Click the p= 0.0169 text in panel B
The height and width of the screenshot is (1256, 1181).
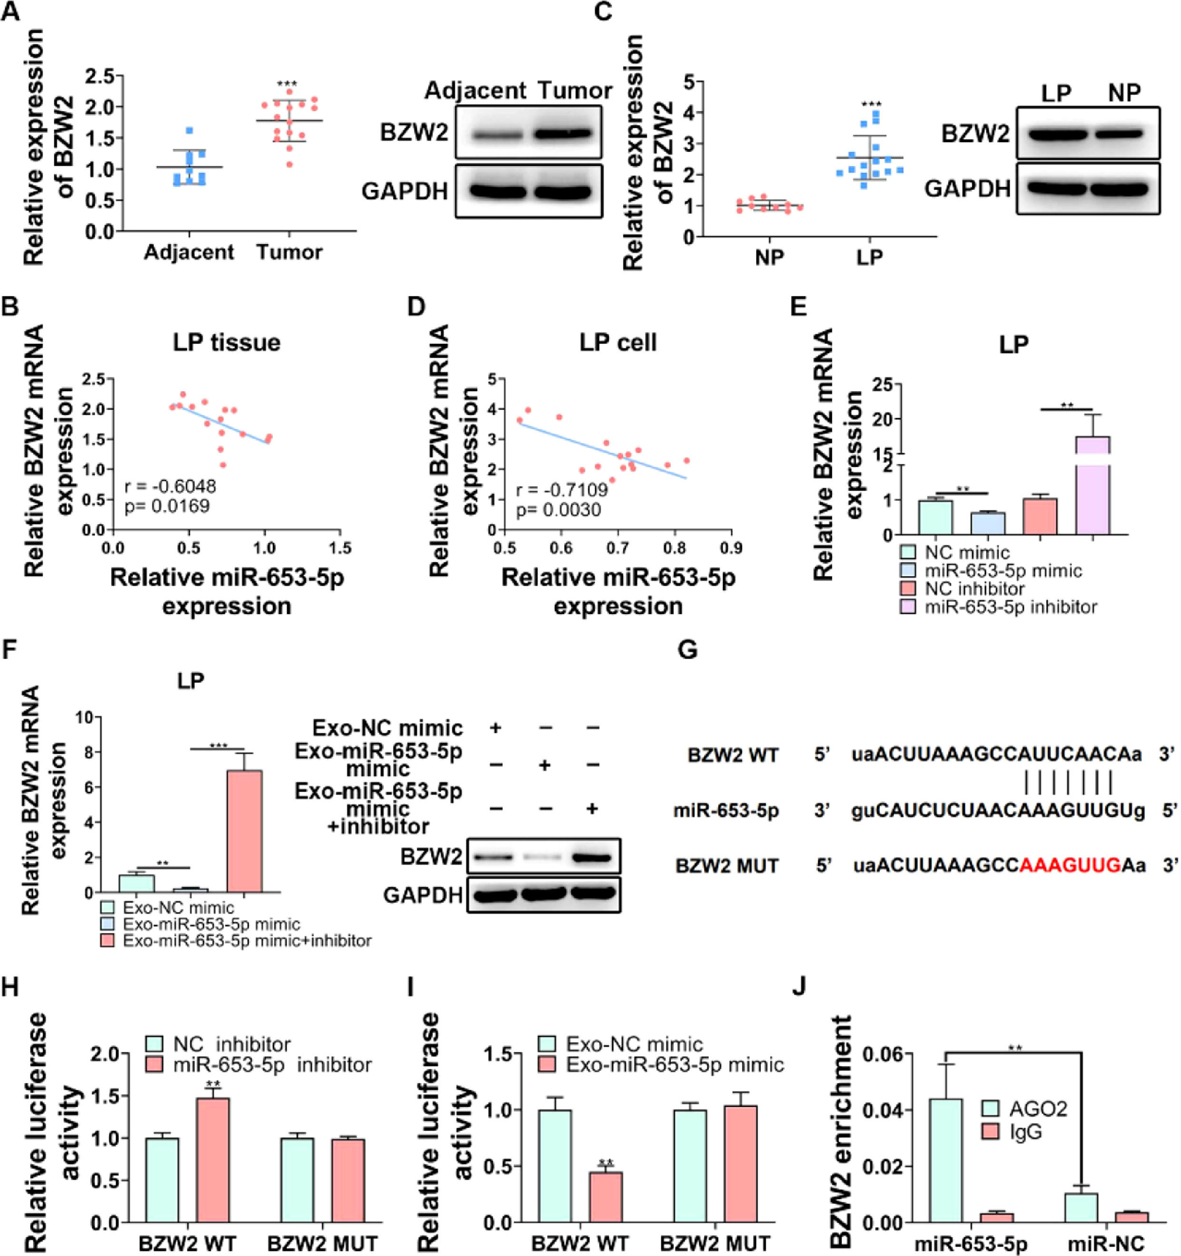point(167,506)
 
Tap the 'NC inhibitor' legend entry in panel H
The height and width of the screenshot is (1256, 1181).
point(228,1044)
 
